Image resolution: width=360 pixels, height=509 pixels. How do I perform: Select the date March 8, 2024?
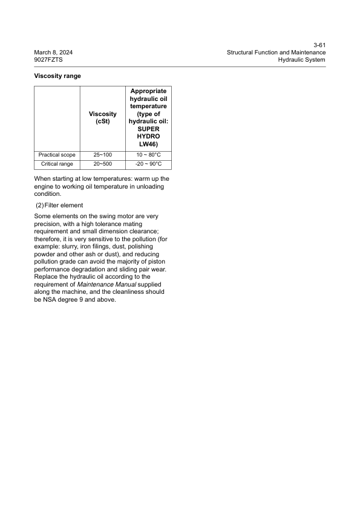point(54,53)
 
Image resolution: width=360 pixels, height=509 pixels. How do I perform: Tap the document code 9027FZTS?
point(48,60)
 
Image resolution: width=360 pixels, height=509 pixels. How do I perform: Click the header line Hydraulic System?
point(302,60)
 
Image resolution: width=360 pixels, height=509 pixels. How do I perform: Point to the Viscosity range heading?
point(57,76)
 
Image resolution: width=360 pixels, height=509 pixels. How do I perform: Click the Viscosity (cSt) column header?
point(102,118)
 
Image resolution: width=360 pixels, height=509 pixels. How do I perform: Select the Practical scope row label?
point(57,155)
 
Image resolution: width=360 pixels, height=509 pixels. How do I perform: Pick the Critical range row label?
point(57,164)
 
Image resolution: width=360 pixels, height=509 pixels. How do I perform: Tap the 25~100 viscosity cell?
point(102,155)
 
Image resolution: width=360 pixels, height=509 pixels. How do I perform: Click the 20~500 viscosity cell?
point(102,164)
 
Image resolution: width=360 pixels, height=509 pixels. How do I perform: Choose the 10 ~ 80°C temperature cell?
point(148,155)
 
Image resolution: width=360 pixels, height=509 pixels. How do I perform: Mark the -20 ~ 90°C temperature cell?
point(148,164)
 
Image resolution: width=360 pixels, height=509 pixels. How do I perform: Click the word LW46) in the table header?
point(148,144)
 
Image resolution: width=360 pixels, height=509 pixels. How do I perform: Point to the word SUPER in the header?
point(148,129)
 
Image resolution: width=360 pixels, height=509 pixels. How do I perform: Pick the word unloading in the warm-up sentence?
point(146,186)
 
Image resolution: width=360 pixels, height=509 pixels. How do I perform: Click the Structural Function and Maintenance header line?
point(276,53)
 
